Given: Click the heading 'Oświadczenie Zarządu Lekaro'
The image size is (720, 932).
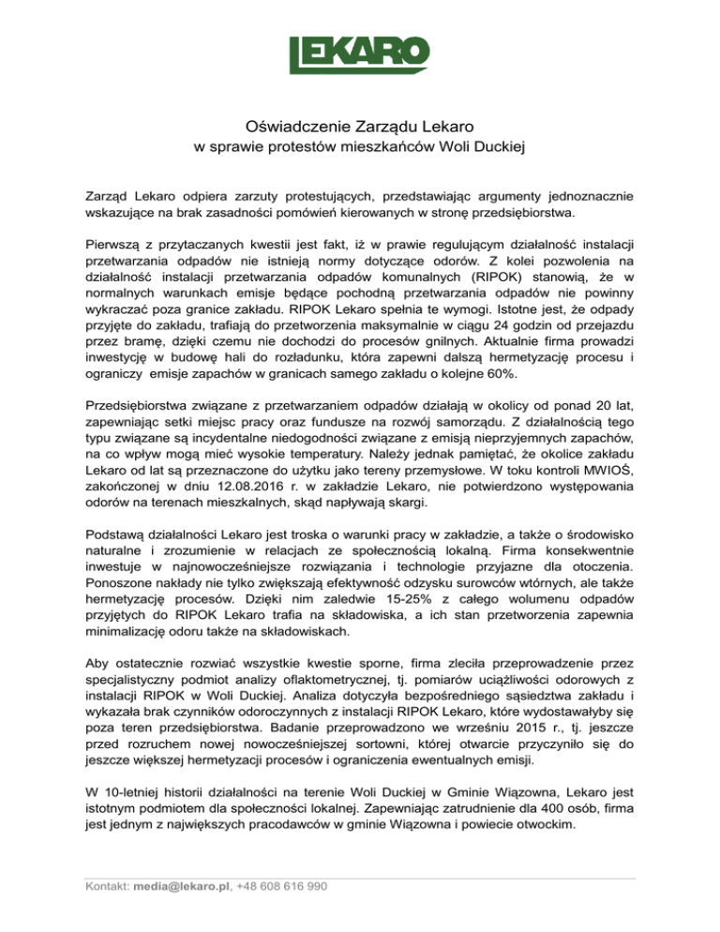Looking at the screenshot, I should coord(360,126).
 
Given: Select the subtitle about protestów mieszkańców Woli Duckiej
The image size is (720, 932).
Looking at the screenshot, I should coord(360,146).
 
